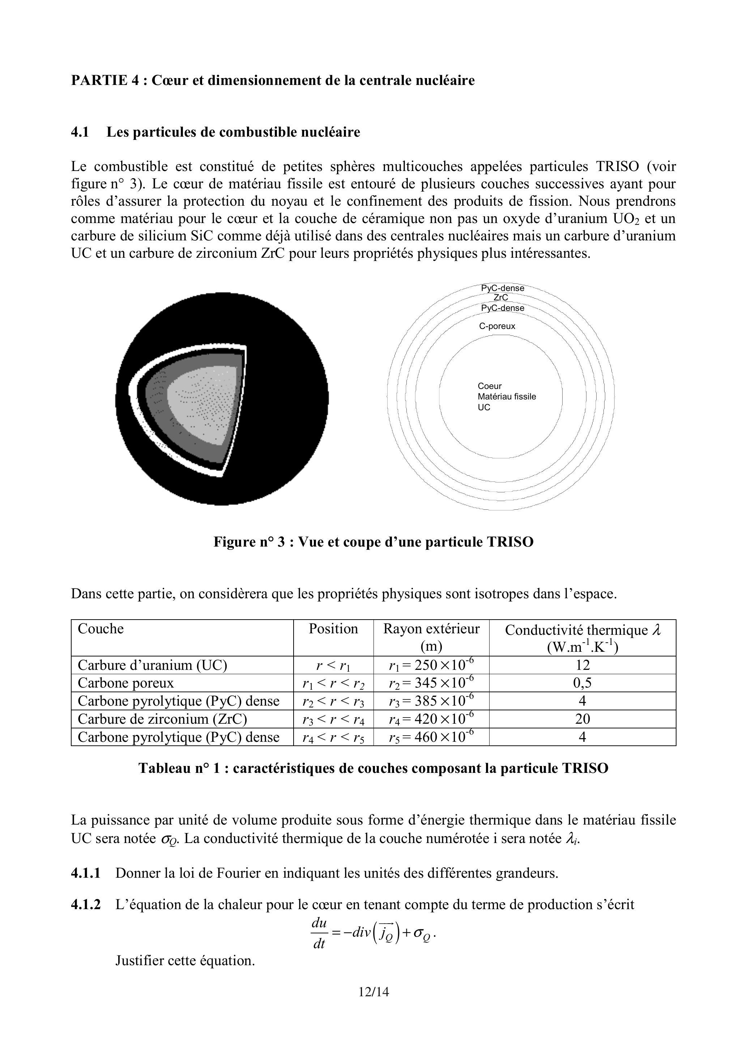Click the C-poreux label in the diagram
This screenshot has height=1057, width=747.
(x=497, y=326)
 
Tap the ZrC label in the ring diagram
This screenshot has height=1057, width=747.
(x=501, y=298)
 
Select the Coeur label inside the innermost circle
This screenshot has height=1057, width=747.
(x=490, y=386)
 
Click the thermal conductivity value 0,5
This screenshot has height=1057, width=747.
(x=582, y=683)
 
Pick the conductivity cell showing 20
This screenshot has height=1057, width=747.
(x=582, y=719)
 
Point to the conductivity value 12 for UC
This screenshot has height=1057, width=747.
(x=582, y=665)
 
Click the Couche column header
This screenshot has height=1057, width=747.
(x=101, y=629)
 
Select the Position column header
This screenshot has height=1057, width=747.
(x=333, y=629)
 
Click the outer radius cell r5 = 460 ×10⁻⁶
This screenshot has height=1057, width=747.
(x=431, y=737)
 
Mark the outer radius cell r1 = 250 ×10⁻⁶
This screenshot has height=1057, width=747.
(x=431, y=665)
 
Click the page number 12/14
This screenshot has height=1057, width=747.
(x=373, y=992)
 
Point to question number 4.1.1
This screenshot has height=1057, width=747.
(x=86, y=873)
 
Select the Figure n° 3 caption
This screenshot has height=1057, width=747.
(x=373, y=542)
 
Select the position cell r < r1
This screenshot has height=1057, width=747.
(x=333, y=665)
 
